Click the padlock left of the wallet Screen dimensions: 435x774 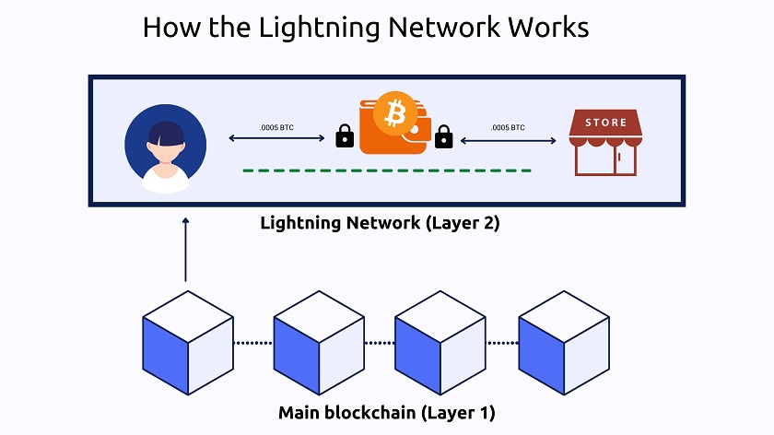[345, 136]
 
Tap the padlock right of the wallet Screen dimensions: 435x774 [443, 136]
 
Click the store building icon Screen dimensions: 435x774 [604, 142]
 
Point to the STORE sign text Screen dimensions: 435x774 [605, 123]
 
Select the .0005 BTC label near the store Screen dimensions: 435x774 [508, 127]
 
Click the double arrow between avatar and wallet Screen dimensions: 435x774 [276, 139]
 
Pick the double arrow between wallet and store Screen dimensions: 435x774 [509, 140]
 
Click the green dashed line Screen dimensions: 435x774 [387, 170]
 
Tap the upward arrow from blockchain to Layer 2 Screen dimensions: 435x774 [185, 249]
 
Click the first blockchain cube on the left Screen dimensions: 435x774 [188, 343]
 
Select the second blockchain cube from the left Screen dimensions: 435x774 [319, 343]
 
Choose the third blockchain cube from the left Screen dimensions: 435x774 [440, 343]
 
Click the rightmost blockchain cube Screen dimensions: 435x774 [563, 343]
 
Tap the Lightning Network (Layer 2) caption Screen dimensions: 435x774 [380, 222]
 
